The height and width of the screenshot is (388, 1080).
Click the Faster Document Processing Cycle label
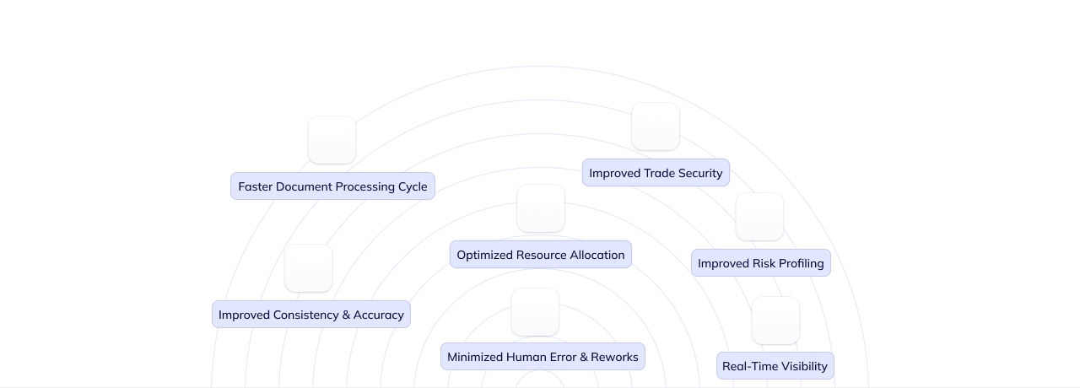tap(332, 186)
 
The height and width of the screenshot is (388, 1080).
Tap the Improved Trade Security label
tap(656, 173)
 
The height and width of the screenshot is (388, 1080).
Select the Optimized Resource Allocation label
tap(541, 255)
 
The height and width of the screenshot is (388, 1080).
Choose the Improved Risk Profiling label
tap(760, 263)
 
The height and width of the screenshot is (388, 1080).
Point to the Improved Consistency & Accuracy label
tap(311, 315)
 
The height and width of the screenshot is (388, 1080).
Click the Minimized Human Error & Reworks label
tap(543, 357)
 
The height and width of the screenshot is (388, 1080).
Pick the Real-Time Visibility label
tap(775, 366)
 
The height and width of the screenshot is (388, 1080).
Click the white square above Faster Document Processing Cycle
tap(332, 140)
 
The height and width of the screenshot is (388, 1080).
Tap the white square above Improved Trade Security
tap(656, 127)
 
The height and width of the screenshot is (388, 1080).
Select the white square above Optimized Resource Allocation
tap(541, 208)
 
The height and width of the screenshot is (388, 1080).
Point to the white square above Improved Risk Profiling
tap(759, 217)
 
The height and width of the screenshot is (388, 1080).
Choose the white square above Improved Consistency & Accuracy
tap(308, 268)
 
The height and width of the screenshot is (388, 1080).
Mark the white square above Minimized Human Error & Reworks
tap(535, 312)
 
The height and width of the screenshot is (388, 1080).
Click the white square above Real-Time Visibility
tap(775, 321)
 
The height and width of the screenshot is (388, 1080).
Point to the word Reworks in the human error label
tap(614, 357)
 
